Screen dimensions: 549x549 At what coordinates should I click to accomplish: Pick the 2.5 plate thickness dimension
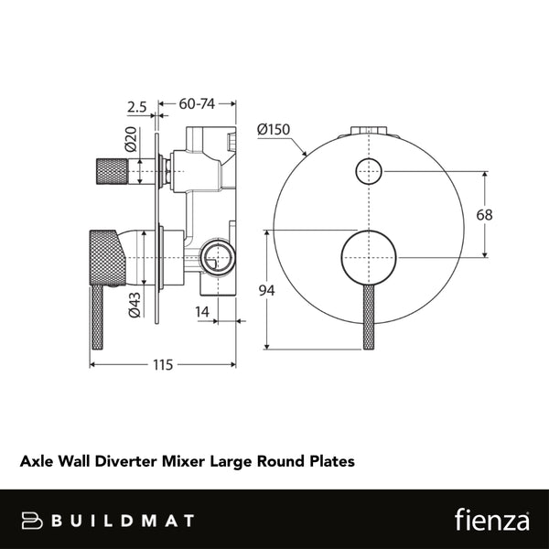pyautogui.click(x=137, y=106)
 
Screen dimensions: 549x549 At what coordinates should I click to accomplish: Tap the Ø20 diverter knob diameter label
pyautogui.click(x=130, y=139)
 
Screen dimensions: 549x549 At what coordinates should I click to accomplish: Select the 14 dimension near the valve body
pyautogui.click(x=204, y=311)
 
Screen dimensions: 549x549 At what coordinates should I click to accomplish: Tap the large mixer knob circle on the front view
pyautogui.click(x=368, y=257)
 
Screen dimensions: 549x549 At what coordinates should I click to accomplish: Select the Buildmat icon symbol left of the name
pyautogui.click(x=34, y=521)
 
